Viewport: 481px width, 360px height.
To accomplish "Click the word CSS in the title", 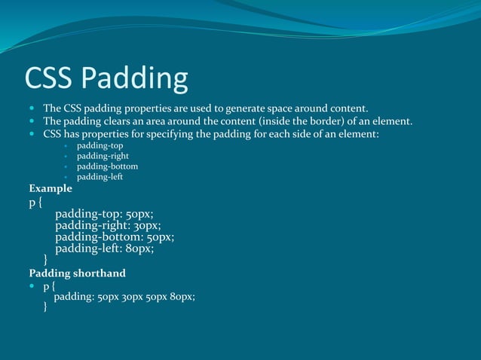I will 49,78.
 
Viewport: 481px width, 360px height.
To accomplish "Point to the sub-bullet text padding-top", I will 100,145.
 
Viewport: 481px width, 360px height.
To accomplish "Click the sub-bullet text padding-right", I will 103,156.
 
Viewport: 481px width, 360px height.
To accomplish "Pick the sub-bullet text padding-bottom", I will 107,166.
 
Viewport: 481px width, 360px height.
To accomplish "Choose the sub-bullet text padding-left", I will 100,177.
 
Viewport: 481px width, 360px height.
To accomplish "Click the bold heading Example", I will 51,188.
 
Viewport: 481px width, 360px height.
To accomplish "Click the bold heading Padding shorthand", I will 77,273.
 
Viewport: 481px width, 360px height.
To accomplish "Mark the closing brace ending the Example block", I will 46,260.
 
